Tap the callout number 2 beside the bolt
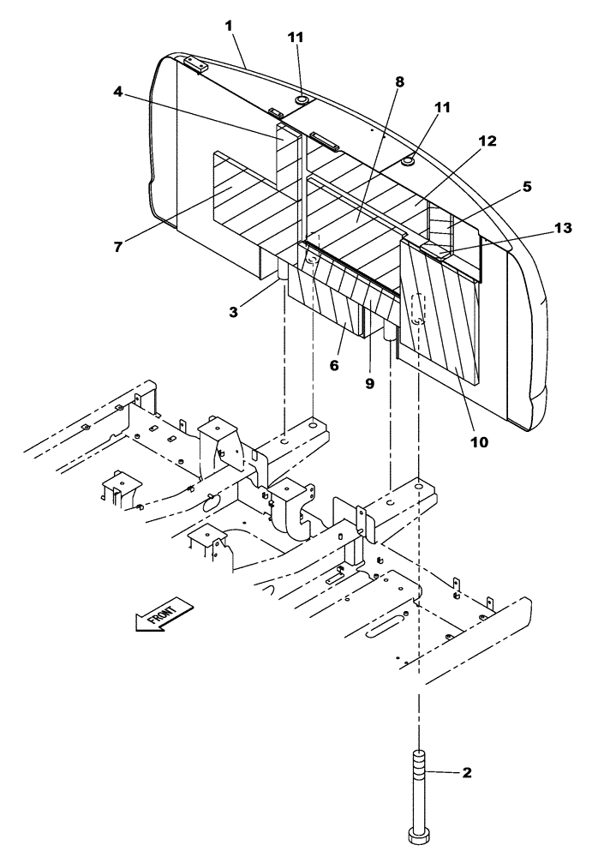point(467,773)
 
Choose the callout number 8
point(399,81)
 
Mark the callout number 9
point(370,385)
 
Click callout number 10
point(479,442)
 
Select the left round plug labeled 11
point(302,101)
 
